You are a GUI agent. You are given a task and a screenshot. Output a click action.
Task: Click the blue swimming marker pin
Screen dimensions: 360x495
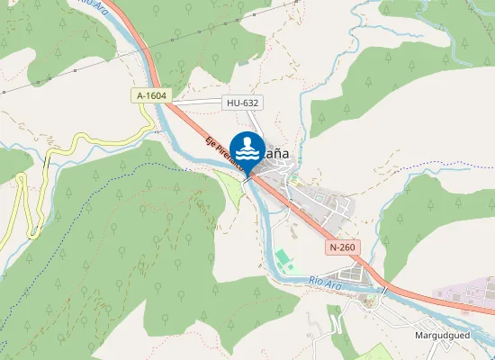point(247,148)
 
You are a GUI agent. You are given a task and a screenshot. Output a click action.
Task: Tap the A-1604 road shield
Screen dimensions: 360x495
point(152,95)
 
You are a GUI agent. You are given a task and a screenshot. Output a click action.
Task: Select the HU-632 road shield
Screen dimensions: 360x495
point(242,103)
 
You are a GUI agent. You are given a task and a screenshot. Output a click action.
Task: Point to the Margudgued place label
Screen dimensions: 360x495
point(443,336)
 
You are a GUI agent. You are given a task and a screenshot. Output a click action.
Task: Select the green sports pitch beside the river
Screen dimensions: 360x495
point(283,261)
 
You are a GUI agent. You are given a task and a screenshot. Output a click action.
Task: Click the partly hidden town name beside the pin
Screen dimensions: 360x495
point(276,153)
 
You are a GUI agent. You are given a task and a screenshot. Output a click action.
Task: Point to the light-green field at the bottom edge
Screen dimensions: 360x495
point(378,352)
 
